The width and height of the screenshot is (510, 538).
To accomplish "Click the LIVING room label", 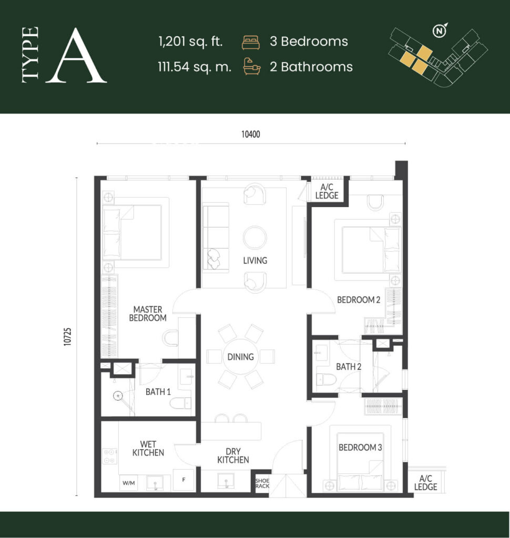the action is pos(255,261).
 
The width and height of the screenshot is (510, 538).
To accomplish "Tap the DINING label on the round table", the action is pos(240,357).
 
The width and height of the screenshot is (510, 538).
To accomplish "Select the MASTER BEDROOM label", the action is pos(148,314).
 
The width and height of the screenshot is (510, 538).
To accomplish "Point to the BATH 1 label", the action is pos(158,392).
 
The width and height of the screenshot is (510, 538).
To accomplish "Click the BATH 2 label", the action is pos(349,367).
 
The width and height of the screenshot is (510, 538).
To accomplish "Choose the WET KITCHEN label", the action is pos(148,449).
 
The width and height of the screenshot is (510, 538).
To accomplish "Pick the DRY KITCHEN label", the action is pos(233,456).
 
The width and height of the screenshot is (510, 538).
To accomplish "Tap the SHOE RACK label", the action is pos(262,483).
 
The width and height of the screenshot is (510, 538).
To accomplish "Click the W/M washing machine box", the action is pos(128,483).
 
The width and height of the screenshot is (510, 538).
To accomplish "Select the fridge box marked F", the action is pos(183,480).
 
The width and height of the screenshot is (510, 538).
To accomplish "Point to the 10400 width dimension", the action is pos(251,134).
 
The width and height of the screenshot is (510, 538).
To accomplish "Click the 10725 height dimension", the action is pos(67,337).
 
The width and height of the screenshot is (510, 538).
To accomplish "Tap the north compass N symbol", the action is pos(439,31).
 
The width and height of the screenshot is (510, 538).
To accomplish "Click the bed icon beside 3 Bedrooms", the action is pos(251,42).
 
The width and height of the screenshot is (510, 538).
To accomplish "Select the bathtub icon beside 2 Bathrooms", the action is pos(252,67).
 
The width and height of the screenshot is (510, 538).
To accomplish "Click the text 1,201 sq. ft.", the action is pos(191,42).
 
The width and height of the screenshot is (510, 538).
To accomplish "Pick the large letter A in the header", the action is pos(76,56).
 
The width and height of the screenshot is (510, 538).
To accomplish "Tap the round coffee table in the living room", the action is pos(255,237).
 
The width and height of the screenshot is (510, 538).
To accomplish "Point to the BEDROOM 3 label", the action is pos(360,448).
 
